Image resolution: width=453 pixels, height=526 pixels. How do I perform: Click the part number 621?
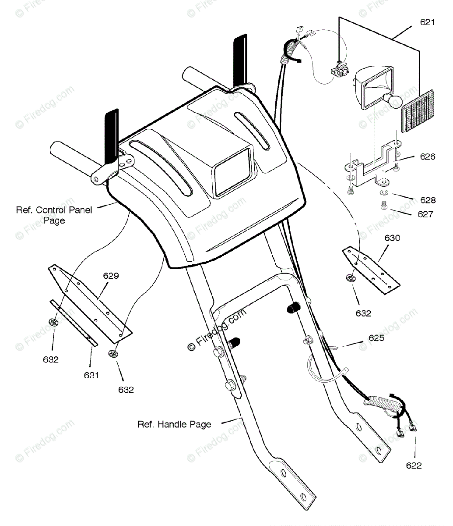pos(427,22)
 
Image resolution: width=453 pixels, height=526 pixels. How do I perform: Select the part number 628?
pos(428,200)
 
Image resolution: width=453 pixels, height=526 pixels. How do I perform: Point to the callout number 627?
pos(425,214)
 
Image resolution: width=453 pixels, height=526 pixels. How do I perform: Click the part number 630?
pos(392,238)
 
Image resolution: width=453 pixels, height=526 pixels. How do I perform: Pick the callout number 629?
pos(111,276)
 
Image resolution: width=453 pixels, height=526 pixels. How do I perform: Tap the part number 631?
pos(91,375)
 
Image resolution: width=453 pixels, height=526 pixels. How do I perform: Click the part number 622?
pos(414,466)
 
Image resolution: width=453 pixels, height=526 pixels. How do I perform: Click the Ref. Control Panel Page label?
pos(54,215)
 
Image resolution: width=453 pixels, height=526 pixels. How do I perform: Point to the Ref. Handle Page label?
pos(174,424)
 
